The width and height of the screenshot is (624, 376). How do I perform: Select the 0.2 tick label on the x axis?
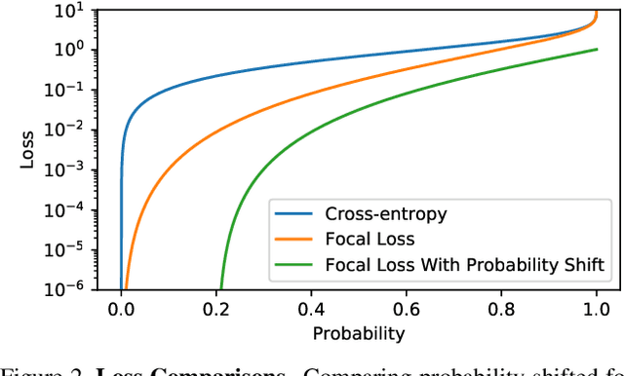215,309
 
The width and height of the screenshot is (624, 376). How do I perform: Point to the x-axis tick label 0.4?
311,309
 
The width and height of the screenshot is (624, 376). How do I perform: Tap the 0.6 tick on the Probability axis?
406,309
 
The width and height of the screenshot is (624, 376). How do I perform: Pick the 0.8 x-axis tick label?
501,309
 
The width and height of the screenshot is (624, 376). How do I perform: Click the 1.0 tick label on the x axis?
596,309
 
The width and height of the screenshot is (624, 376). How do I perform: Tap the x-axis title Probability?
358,333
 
